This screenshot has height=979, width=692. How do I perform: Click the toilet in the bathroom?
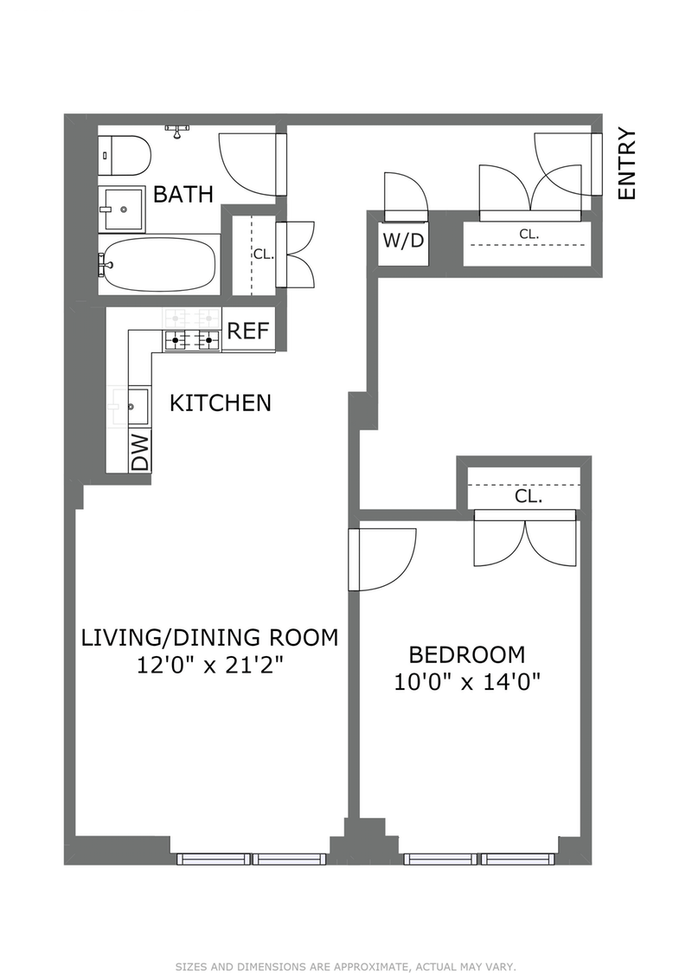pyautogui.click(x=125, y=156)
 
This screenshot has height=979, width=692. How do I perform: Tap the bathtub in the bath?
pyautogui.click(x=159, y=265)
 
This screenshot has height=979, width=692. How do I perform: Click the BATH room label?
pyautogui.click(x=183, y=194)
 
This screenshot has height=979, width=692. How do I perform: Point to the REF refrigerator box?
pyautogui.click(x=248, y=331)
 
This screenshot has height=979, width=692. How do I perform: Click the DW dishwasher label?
pyautogui.click(x=141, y=452)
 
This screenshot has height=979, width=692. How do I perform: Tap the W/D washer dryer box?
pyautogui.click(x=403, y=242)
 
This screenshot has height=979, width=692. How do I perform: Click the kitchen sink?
pyautogui.click(x=138, y=407)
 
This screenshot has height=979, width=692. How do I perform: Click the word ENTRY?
pyautogui.click(x=626, y=164)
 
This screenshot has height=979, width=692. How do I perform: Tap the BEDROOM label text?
pyautogui.click(x=467, y=654)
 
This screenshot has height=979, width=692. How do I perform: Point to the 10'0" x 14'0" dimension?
pyautogui.click(x=467, y=682)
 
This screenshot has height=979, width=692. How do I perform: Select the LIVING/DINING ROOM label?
pyautogui.click(x=210, y=637)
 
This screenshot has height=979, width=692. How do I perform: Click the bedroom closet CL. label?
pyautogui.click(x=528, y=497)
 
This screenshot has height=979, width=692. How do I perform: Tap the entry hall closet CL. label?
pyautogui.click(x=529, y=234)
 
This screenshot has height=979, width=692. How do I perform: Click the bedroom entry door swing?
pyautogui.click(x=381, y=559)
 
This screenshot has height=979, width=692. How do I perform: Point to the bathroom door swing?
pyautogui.click(x=252, y=164)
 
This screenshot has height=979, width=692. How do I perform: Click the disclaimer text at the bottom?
pyautogui.click(x=346, y=967)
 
